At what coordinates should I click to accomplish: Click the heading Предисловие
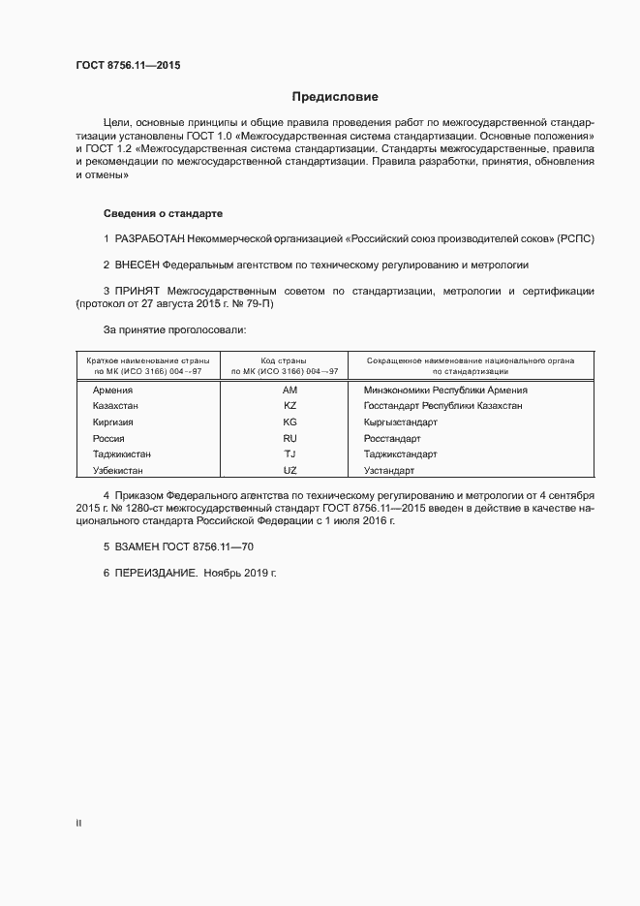335,97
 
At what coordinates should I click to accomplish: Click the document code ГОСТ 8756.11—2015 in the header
128,66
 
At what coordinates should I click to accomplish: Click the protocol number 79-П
261,303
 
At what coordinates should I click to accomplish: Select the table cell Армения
112,390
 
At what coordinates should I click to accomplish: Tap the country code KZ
290,406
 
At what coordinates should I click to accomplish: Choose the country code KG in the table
290,422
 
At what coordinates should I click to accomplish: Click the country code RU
290,438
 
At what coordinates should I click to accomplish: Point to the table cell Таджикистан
122,453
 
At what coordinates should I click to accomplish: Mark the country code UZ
290,470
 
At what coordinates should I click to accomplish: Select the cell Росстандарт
393,438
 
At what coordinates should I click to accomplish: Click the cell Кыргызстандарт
400,422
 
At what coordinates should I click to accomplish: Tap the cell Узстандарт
388,470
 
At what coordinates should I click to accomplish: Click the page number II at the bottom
78,824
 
